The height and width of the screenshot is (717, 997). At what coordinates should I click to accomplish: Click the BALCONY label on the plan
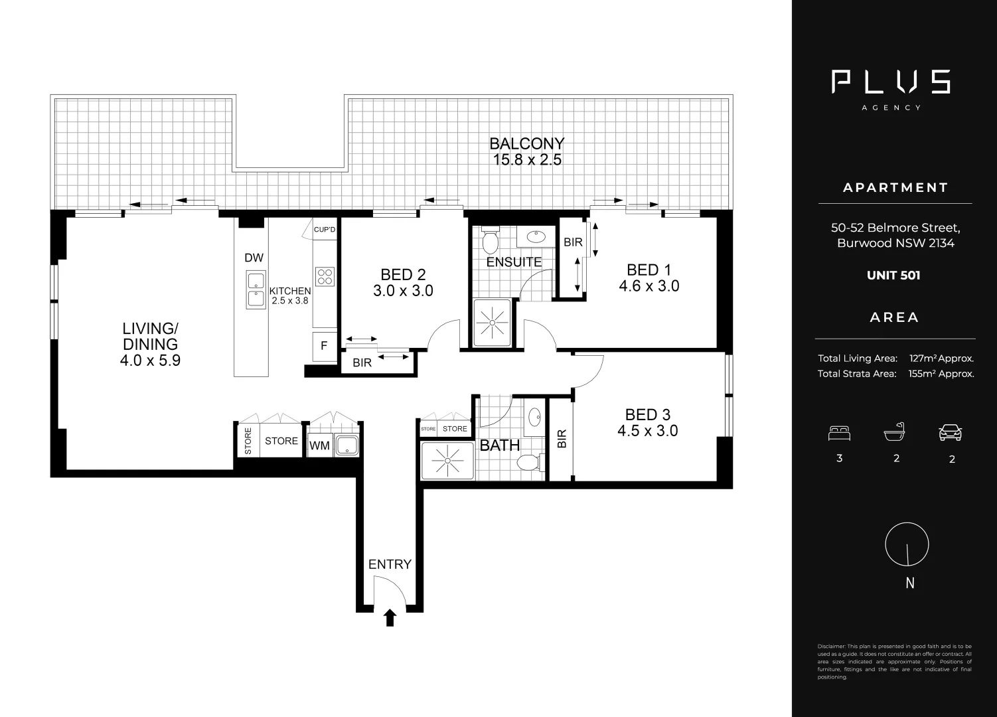point(527,143)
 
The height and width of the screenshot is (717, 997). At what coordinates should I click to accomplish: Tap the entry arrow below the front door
point(390,618)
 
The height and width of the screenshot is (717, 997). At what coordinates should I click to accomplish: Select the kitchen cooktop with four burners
point(325,276)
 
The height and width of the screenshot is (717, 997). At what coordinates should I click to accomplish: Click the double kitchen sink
point(256,289)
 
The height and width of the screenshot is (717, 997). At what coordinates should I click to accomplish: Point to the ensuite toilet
point(491,240)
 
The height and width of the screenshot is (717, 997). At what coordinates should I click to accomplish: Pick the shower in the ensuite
point(492,322)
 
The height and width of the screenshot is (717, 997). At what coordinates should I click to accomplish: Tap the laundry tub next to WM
point(346,445)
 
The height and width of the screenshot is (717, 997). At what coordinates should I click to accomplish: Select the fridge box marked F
point(324,346)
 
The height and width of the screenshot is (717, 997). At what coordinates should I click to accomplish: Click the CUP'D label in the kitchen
point(325,230)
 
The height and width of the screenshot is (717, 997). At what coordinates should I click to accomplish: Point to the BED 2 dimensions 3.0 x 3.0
point(404,291)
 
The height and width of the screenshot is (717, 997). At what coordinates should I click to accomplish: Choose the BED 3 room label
point(648,414)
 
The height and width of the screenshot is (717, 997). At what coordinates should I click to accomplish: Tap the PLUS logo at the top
point(891,82)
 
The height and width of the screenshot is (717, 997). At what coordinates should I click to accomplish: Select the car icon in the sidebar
point(951,433)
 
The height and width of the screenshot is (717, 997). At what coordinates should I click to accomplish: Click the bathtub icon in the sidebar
point(894,432)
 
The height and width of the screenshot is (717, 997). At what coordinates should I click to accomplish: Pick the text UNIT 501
point(893,276)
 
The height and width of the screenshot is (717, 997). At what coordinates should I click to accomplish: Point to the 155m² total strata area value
point(941,373)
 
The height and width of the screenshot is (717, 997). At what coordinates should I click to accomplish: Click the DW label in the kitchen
point(254,258)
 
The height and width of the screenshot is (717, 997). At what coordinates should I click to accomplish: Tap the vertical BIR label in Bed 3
point(562,439)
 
